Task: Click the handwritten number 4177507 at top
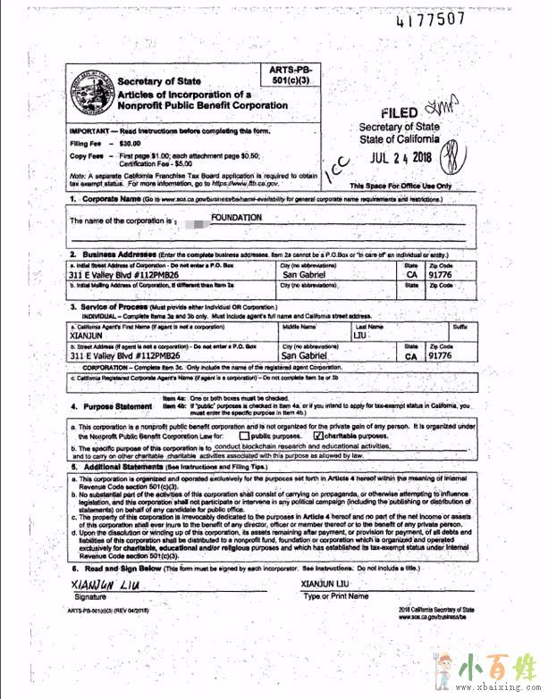click(x=430, y=19)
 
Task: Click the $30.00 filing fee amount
click(x=131, y=143)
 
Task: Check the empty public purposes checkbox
click(x=243, y=437)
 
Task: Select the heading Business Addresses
click(x=119, y=254)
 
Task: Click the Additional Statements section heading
click(x=129, y=466)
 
